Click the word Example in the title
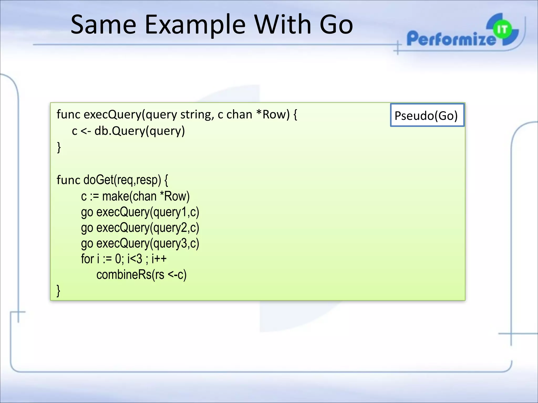tap(195, 25)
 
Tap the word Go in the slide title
tap(336, 25)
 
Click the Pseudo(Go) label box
tap(427, 115)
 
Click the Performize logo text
tap(451, 39)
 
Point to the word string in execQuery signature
tap(197, 114)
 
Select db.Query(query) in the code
tap(139, 131)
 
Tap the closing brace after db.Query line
tap(59, 147)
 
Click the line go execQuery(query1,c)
tap(140, 212)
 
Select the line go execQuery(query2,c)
tap(140, 228)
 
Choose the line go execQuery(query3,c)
tap(140, 243)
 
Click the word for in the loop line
tap(87, 259)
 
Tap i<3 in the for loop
tap(134, 259)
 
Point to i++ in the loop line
tap(159, 259)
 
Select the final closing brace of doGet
tap(59, 291)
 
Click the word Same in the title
tap(103, 25)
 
